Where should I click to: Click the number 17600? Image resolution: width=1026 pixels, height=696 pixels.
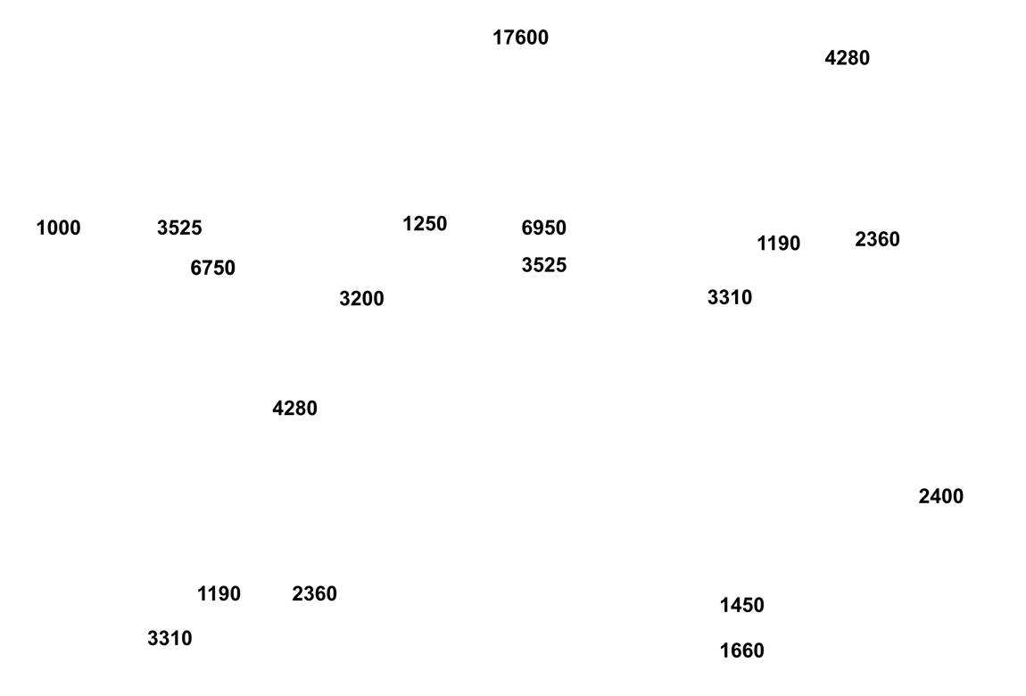(520, 38)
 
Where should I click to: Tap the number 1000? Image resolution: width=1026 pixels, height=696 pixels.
(58, 228)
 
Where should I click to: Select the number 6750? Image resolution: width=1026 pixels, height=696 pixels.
(212, 269)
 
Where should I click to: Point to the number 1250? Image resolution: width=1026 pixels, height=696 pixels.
(425, 224)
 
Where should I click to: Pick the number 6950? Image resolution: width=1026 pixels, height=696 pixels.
(543, 228)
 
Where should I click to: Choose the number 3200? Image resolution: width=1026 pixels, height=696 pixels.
(361, 299)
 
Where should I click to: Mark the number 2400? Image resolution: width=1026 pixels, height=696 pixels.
(941, 496)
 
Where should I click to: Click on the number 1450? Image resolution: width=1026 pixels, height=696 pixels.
(742, 605)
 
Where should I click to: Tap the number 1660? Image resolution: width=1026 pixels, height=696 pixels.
(742, 650)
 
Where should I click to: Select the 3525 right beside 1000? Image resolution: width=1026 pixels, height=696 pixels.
(179, 228)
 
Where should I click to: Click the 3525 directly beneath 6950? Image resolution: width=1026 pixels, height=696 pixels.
(543, 265)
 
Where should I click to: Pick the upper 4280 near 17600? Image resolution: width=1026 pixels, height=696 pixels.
(848, 58)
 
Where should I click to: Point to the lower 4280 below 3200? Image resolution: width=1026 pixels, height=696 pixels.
(294, 408)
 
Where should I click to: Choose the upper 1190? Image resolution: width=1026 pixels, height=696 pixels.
(779, 244)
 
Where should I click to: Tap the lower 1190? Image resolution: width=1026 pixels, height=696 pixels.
(219, 594)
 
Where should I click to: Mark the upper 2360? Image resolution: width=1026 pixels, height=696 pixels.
(878, 239)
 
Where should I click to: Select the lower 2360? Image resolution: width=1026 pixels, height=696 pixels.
(314, 594)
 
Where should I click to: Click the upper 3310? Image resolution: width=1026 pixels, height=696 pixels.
(730, 298)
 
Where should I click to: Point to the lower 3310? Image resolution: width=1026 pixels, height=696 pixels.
(170, 638)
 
